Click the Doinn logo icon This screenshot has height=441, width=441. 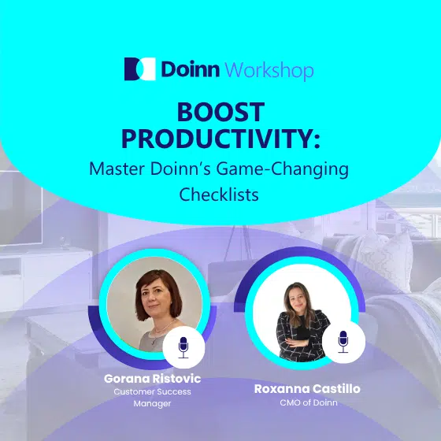(140, 69)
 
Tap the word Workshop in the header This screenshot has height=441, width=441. (269, 70)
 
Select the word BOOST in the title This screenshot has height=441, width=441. (220, 112)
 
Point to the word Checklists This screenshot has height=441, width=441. (219, 195)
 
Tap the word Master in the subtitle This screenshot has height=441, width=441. (117, 169)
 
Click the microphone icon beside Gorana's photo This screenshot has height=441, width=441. (183, 347)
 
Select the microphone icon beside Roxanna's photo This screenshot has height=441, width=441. (343, 342)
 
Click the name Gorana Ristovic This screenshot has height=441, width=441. (153, 379)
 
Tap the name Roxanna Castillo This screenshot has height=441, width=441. (307, 389)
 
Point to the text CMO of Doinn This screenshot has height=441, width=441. (309, 402)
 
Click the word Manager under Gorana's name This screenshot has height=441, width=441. (152, 403)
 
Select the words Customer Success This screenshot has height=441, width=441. (152, 391)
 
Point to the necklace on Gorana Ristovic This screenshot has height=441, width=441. (163, 329)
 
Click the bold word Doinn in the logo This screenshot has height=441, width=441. (191, 69)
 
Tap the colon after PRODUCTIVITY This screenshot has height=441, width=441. (317, 141)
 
